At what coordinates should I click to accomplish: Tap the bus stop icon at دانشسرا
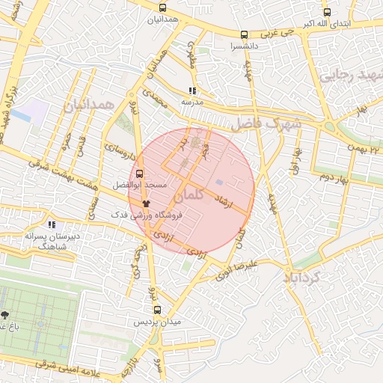[x=244, y=34]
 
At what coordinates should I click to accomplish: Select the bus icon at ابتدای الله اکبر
[x=326, y=12]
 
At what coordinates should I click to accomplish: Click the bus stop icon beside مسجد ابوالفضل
[x=140, y=174]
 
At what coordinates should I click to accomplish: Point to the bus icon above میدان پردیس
[x=157, y=310]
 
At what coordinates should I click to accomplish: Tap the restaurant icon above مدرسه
[x=193, y=91]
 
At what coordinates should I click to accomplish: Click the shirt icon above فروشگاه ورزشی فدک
[x=146, y=203]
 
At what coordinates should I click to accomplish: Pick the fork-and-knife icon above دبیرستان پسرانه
[x=52, y=224]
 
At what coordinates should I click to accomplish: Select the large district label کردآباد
[x=302, y=278]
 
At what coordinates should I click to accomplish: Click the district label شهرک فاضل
[x=266, y=123]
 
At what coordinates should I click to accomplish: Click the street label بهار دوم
[x=334, y=177]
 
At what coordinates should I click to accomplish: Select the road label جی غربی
[x=273, y=34]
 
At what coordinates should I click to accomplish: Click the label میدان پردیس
[x=157, y=322]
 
